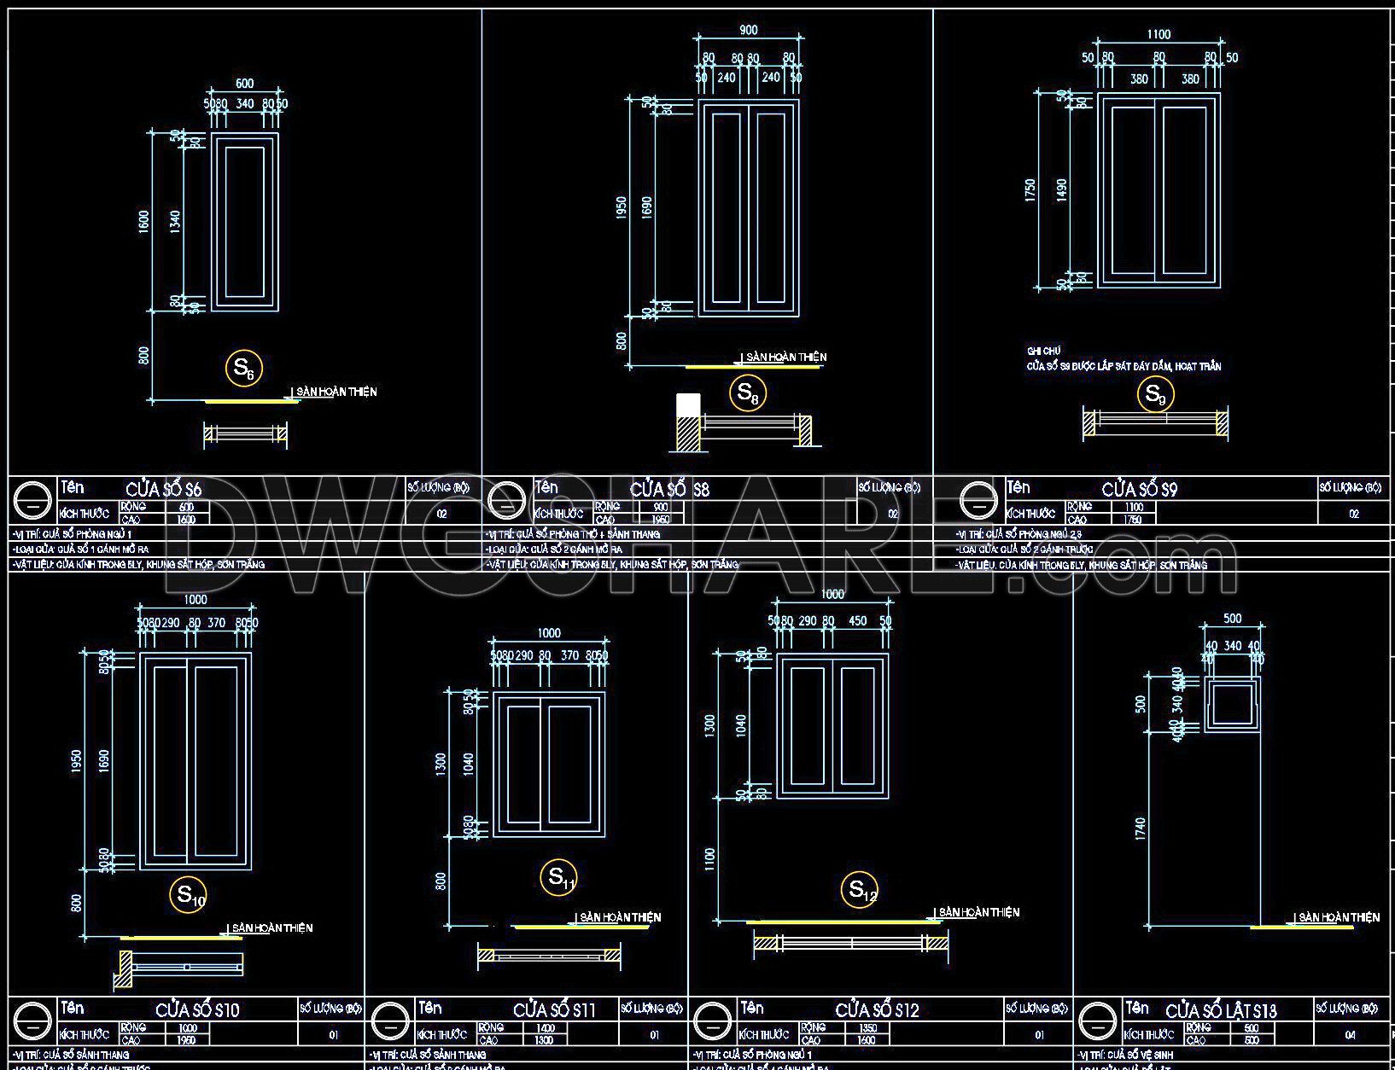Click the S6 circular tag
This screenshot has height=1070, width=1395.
click(243, 369)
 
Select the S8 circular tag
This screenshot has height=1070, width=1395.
click(747, 393)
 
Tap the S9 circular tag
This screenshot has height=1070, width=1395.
click(1155, 394)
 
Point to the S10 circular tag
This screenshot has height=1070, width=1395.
click(189, 895)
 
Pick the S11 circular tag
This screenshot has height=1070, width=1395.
click(559, 876)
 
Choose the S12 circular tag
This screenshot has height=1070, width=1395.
click(861, 890)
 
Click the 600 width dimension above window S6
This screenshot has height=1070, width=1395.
click(245, 84)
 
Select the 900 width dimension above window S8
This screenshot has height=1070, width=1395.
click(748, 31)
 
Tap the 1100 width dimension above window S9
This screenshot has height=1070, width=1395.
click(1159, 35)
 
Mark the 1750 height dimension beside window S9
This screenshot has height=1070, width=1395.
click(1031, 189)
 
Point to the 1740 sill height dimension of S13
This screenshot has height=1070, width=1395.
click(1141, 829)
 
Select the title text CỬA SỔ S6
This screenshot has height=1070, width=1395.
click(164, 490)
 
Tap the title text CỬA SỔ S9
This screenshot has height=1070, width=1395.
click(1140, 490)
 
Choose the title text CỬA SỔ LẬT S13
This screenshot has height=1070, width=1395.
click(1221, 1011)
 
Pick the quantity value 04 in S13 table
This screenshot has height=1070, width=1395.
click(1349, 1035)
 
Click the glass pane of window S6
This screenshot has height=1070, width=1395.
click(245, 221)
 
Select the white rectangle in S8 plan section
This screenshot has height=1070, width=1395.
click(688, 405)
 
